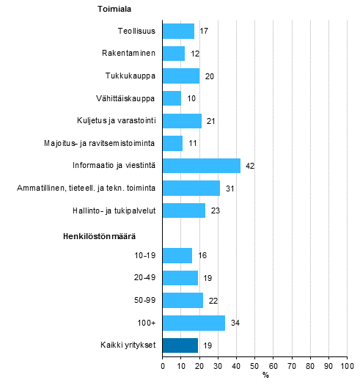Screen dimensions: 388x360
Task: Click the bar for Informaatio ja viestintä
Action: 201,166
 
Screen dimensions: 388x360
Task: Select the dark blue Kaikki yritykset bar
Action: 180,345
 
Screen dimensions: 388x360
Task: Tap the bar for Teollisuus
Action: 178,31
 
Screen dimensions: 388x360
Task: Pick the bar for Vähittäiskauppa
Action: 172,98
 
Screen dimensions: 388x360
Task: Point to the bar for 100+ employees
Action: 194,323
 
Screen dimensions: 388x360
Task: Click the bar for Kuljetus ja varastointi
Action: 182,121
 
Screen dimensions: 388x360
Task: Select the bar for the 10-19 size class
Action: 177,255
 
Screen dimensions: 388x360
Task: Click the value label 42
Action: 250,166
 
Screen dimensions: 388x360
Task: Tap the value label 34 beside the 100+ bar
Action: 235,323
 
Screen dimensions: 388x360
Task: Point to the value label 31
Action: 229,188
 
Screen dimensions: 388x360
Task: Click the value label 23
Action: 215,211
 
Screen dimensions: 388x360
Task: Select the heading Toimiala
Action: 114,10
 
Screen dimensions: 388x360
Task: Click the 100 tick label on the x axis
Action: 348,365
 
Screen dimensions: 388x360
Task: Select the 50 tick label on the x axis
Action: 254,365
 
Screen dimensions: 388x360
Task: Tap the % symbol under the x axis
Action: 265,376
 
